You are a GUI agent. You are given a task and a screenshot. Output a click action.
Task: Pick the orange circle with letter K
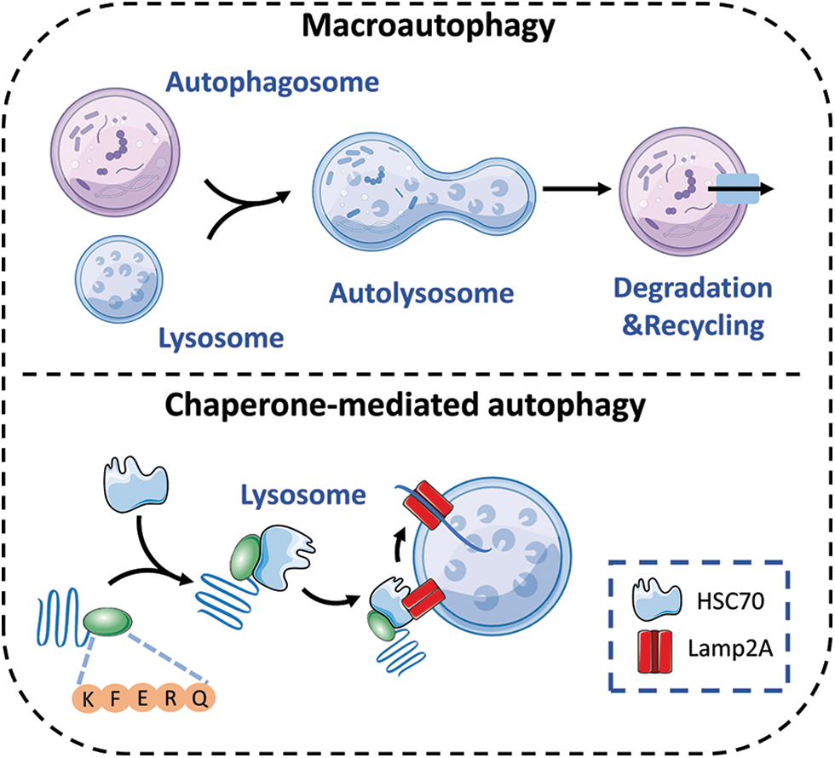(88, 699)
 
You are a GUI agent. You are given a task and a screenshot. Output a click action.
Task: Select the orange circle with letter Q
(200, 699)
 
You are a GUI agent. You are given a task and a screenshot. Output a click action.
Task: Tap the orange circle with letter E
(144, 699)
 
